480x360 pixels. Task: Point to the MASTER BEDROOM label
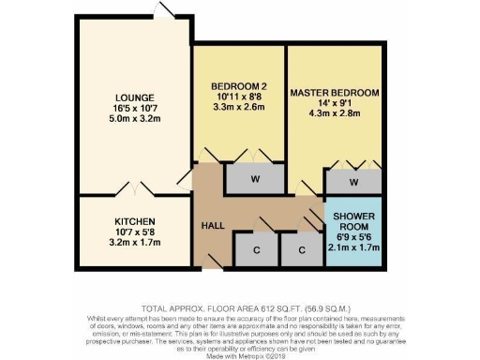point(335,94)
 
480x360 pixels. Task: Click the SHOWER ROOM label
point(353,221)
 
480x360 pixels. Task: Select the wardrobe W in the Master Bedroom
point(354,182)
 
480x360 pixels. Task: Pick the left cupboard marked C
point(256,250)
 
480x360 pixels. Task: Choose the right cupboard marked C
point(301,250)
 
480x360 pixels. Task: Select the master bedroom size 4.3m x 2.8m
point(335,117)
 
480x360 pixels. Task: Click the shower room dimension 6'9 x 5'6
point(353,236)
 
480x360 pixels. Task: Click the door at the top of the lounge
point(165,10)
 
